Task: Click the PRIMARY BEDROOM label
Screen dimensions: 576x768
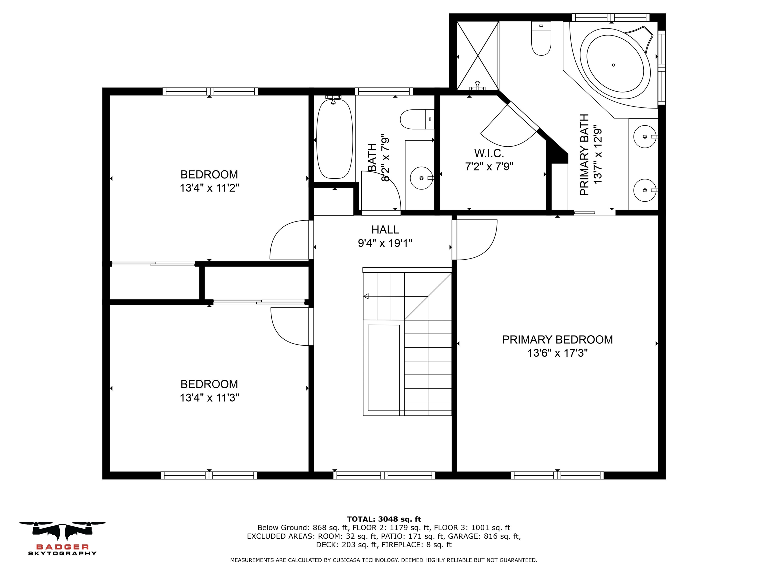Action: pos(557,339)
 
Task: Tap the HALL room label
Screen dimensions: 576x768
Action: pos(385,229)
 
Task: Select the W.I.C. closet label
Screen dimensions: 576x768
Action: pos(489,153)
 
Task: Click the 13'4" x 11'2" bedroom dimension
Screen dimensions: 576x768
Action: pos(209,188)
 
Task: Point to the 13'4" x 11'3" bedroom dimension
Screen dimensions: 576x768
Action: pos(209,397)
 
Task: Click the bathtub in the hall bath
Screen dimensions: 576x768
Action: pos(334,139)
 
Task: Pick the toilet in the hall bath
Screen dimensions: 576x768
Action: pos(417,119)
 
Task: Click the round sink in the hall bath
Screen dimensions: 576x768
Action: pos(421,178)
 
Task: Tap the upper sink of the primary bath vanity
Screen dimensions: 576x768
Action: pos(645,136)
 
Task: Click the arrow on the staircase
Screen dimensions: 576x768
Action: pos(366,296)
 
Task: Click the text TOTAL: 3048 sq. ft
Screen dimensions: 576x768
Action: pos(384,519)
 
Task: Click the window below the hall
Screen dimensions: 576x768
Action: pos(384,475)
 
